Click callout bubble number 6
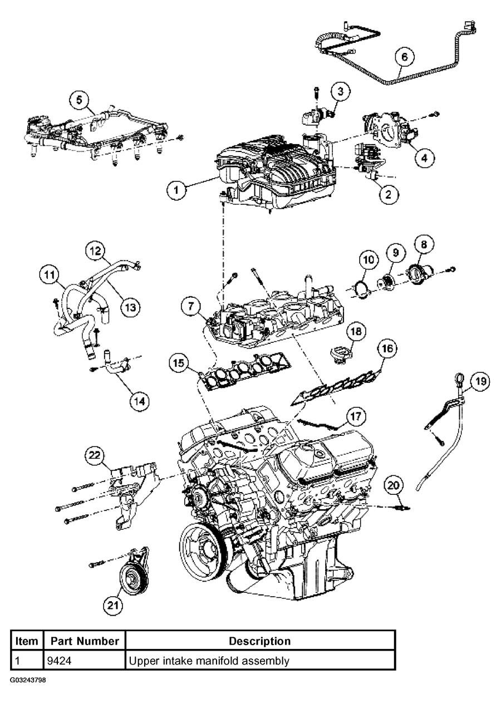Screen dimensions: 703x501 (x=405, y=57)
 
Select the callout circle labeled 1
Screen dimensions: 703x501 (x=176, y=190)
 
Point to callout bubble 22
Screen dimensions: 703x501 (x=95, y=456)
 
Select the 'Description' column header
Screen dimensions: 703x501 (x=259, y=641)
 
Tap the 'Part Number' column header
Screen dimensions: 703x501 (x=85, y=641)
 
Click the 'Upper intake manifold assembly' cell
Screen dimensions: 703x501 (x=209, y=661)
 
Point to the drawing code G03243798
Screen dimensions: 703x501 (x=27, y=680)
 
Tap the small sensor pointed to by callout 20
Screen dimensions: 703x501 (x=403, y=507)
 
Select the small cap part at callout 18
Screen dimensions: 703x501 (x=339, y=355)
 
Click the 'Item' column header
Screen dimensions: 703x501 (x=26, y=641)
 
